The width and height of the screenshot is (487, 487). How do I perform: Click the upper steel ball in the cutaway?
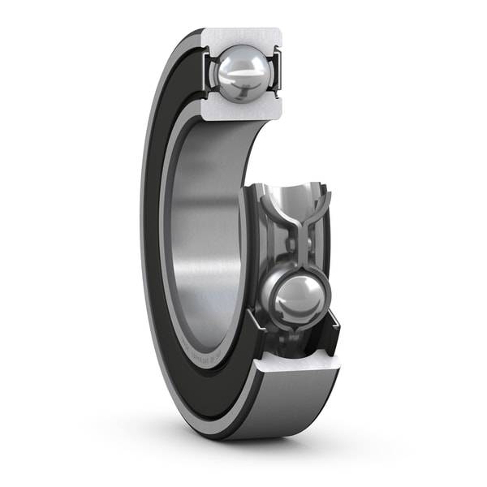point(240,71)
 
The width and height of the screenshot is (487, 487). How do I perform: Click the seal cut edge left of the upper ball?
point(208,69)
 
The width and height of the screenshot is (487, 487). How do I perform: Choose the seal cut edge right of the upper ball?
point(276,69)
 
